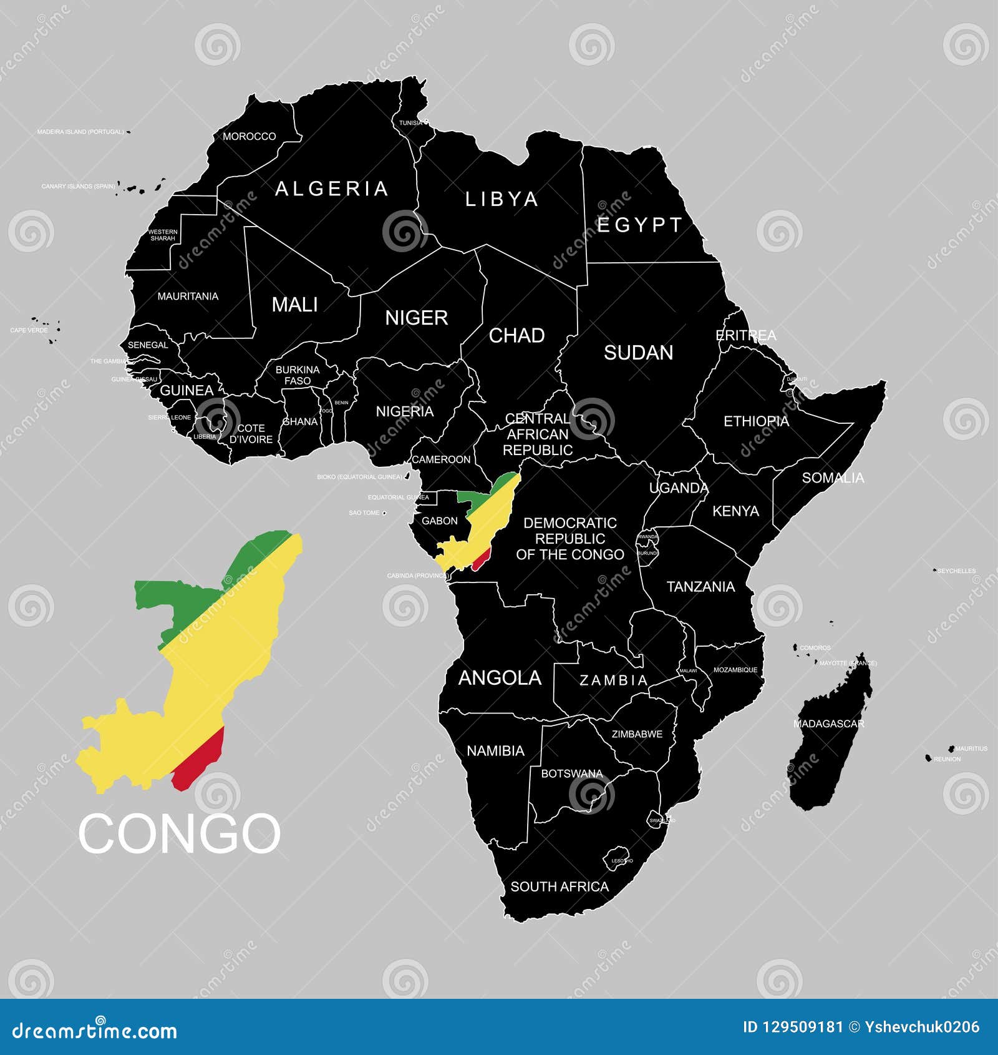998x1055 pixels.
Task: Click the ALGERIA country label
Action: coord(331,189)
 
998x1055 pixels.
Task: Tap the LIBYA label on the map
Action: coord(501,199)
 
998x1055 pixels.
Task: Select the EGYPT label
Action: coord(639,225)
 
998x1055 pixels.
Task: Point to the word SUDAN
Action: coord(638,353)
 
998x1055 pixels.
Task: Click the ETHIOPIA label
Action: coord(756,421)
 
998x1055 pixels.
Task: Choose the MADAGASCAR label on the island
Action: coord(828,724)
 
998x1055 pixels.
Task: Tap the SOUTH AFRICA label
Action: coord(560,886)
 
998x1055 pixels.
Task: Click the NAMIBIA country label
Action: coord(495,750)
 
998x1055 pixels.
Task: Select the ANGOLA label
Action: coord(500,678)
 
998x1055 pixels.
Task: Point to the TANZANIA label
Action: coord(700,587)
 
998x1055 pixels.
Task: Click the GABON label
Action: coord(439,521)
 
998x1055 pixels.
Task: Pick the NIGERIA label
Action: coord(404,411)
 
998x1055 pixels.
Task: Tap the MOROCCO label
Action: coord(249,136)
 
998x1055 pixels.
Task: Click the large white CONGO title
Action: coord(179,833)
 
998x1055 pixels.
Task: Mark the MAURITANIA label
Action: coord(188,296)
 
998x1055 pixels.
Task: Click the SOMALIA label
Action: coord(833,478)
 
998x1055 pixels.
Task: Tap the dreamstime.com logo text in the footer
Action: coord(95,1030)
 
